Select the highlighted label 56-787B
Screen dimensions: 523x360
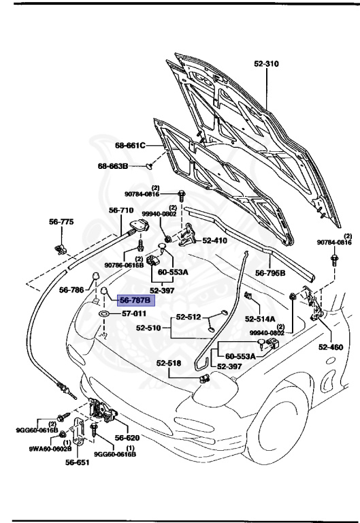pyautogui.click(x=136, y=300)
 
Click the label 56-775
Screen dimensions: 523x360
pyautogui.click(x=61, y=222)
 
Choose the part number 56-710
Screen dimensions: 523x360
pyautogui.click(x=120, y=210)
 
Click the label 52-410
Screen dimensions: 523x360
pyautogui.click(x=216, y=240)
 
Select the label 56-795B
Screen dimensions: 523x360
pyautogui.click(x=269, y=273)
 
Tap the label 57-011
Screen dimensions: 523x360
pyautogui.click(x=134, y=314)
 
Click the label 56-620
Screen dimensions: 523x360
pyautogui.click(x=127, y=438)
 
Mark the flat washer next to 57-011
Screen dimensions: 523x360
pyautogui.click(x=105, y=314)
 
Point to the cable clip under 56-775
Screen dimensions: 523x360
pyautogui.click(x=59, y=244)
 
